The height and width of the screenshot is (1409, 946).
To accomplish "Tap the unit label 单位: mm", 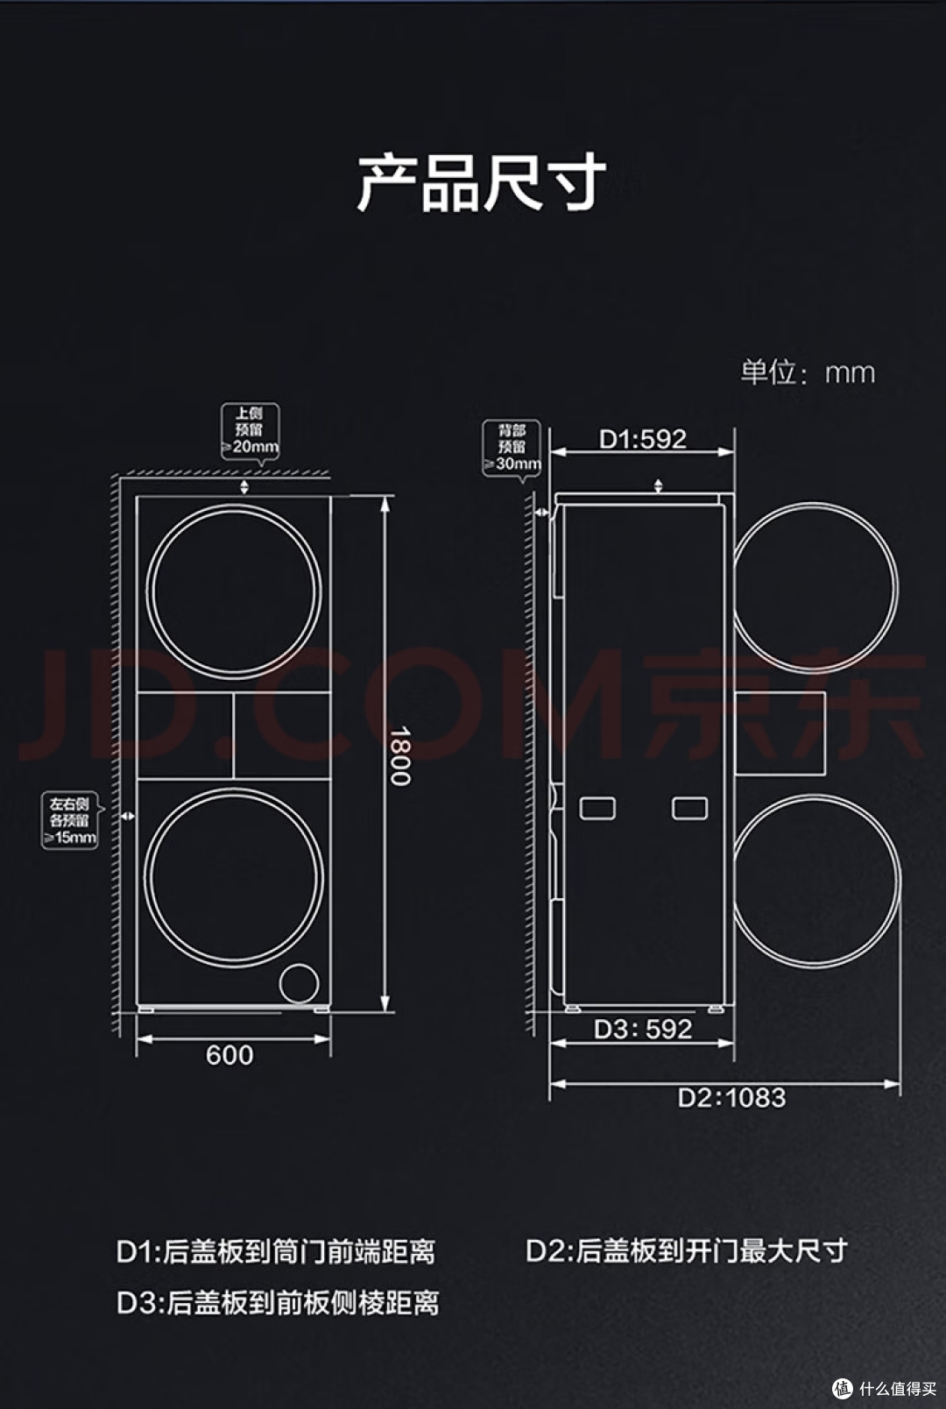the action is tap(808, 372).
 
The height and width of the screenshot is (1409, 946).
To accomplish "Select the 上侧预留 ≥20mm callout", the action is tap(250, 431).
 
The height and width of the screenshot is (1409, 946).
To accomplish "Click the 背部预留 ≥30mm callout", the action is tap(512, 449).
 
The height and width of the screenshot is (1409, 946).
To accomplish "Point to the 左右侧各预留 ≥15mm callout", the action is tap(70, 821).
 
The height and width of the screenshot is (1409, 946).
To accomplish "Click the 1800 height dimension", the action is tap(399, 756).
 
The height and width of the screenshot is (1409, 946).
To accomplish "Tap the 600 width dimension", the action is tap(229, 1055).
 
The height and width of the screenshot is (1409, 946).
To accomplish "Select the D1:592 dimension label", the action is tap(642, 438).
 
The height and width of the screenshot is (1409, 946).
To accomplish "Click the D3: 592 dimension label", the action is tap(643, 1029).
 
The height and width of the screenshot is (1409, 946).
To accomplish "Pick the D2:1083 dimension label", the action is tap(731, 1098).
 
